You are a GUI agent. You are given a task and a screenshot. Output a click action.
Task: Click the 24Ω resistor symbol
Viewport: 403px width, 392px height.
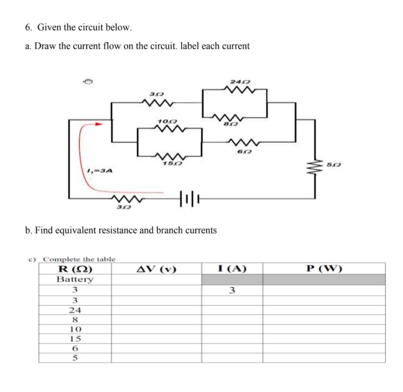tap(235, 91)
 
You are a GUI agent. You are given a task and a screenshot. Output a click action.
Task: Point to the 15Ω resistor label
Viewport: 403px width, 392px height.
tap(170, 163)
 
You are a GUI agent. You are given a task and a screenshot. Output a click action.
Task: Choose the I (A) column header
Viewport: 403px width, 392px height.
tap(232, 269)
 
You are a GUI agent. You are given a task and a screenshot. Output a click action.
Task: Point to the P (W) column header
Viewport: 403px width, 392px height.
tap(324, 269)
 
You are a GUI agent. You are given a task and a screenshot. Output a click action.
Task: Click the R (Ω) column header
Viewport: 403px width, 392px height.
tap(75, 269)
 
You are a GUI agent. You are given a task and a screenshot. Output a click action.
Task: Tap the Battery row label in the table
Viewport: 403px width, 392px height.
tap(75, 280)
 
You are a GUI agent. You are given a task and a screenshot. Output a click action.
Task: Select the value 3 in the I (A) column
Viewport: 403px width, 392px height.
tap(232, 291)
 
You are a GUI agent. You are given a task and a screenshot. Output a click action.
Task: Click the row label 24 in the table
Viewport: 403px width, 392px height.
tap(75, 310)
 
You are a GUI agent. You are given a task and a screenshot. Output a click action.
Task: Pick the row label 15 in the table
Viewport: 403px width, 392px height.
tap(75, 338)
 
